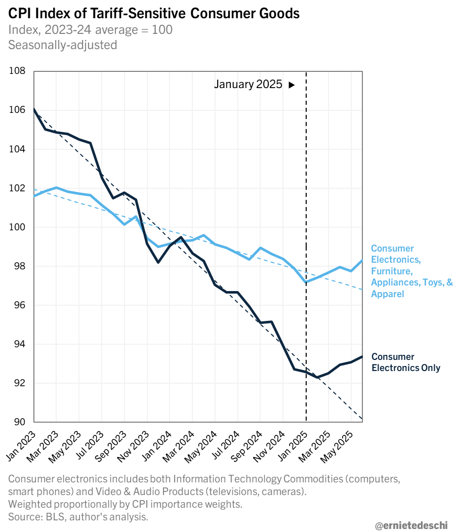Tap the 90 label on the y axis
19,422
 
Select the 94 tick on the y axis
19,344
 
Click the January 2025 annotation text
248,85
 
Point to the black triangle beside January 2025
292,85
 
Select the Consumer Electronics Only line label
405,362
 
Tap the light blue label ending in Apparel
411,271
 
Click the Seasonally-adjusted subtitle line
62,45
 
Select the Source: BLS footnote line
78,516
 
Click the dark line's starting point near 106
34,109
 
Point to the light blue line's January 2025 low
306,282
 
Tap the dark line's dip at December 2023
158,262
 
